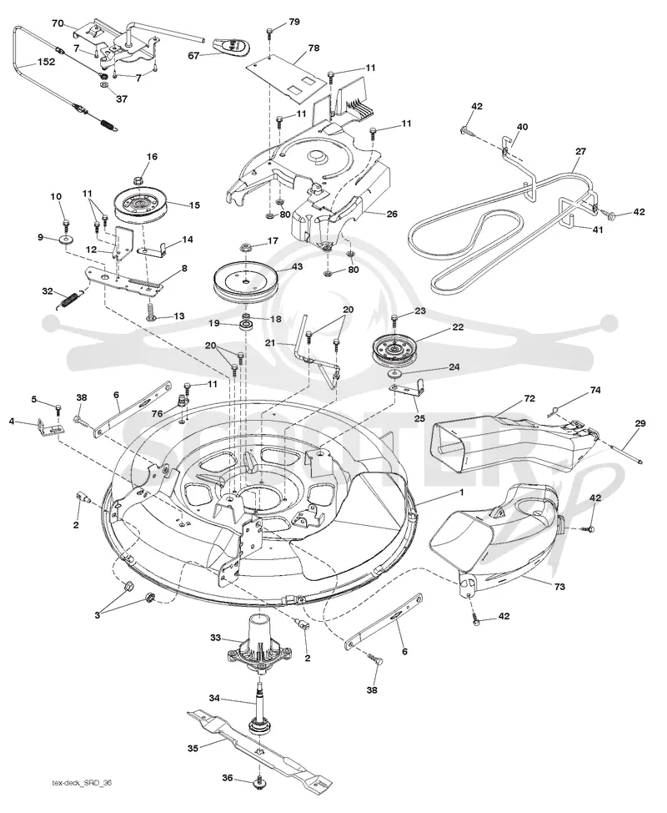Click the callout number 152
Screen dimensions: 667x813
click(x=46, y=63)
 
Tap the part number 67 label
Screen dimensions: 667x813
click(x=193, y=55)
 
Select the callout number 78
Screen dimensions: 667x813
click(x=313, y=48)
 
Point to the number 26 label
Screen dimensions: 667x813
click(x=392, y=214)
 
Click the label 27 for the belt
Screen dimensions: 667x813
click(x=580, y=151)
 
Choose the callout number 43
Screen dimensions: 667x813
click(x=298, y=266)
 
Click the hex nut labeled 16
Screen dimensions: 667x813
click(x=138, y=181)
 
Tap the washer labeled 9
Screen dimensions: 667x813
click(x=66, y=240)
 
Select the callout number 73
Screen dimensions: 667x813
click(x=559, y=587)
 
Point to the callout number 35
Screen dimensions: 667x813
click(x=193, y=749)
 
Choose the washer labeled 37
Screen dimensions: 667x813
click(x=103, y=84)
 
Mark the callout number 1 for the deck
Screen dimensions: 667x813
click(x=461, y=491)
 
